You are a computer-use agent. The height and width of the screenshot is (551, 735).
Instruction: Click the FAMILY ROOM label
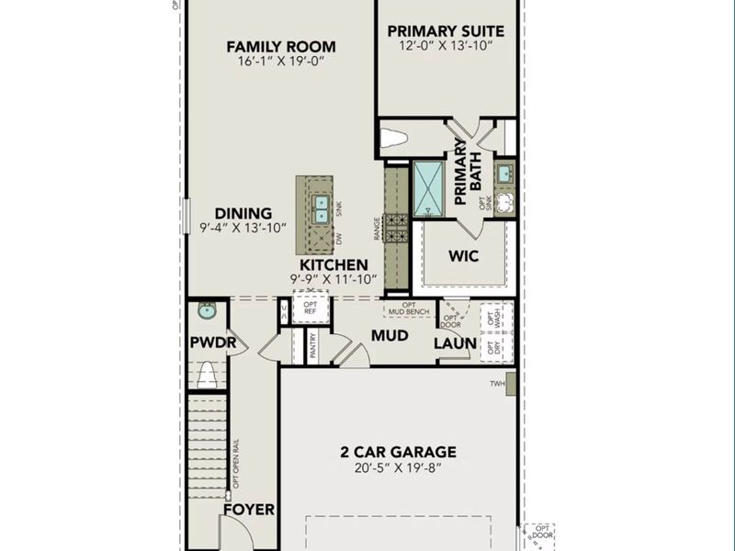tap(281, 47)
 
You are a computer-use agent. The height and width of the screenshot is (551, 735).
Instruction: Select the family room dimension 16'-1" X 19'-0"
tap(281, 62)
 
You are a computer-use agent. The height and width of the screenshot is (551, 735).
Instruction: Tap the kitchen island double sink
tap(322, 209)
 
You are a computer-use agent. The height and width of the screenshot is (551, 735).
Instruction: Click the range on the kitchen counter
tap(396, 226)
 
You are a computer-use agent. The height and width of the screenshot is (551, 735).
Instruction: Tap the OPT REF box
tap(311, 307)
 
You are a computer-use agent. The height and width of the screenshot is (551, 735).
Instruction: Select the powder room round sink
tap(207, 312)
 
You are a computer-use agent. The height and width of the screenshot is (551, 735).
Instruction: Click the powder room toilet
tap(208, 373)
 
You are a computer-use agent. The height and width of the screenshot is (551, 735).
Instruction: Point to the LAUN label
tap(456, 343)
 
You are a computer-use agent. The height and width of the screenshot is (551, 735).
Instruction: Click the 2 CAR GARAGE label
tap(398, 452)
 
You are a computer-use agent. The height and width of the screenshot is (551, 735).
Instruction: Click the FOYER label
tap(250, 509)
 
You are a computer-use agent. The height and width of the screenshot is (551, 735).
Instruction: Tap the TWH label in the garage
tap(497, 384)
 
